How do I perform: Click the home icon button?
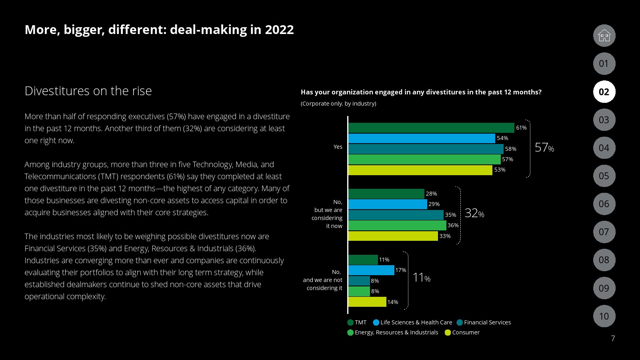tap(604, 36)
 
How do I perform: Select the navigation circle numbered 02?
tap(604, 92)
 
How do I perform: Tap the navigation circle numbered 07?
tap(604, 232)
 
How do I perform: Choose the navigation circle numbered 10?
tap(604, 316)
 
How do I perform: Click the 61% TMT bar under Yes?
tap(431, 128)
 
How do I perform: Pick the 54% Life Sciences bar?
tap(422, 138)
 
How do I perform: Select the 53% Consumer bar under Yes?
tap(420, 170)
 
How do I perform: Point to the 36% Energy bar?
tap(397, 226)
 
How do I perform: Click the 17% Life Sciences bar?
tap(371, 270)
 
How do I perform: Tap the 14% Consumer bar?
tap(367, 302)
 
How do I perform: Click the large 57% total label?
tap(544, 148)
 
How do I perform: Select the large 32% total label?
tap(474, 213)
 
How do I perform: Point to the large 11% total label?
tap(421, 278)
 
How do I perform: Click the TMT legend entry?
tap(357, 322)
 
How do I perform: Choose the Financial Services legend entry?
tap(484, 322)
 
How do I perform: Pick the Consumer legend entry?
tap(462, 332)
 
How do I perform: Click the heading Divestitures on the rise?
tap(88, 91)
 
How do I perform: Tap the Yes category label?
tap(338, 147)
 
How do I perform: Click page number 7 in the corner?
tap(613, 339)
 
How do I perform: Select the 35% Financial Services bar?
tap(396, 215)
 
